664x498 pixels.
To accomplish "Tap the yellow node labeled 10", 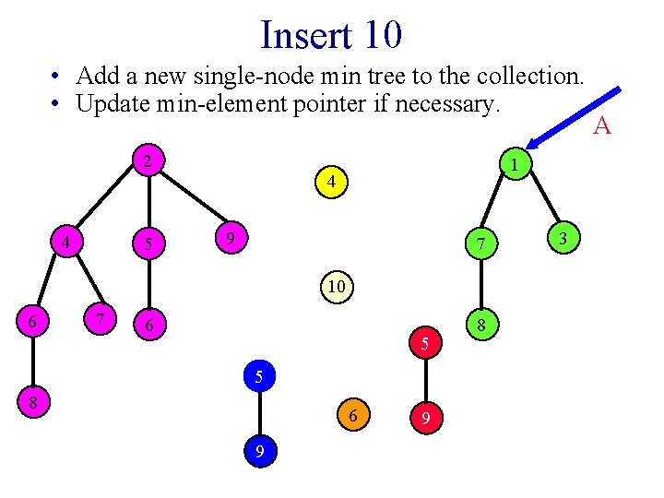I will pos(336,287).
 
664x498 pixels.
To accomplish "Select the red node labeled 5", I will pos(425,344).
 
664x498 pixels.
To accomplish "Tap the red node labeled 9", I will pos(425,417).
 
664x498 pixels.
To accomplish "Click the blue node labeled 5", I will pos(261,375).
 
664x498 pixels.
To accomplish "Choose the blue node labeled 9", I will pos(262,451).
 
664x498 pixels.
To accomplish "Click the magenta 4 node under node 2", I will pos(66,243).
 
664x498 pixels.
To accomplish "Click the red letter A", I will pos(601,125).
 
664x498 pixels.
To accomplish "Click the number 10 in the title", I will pos(382,35).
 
